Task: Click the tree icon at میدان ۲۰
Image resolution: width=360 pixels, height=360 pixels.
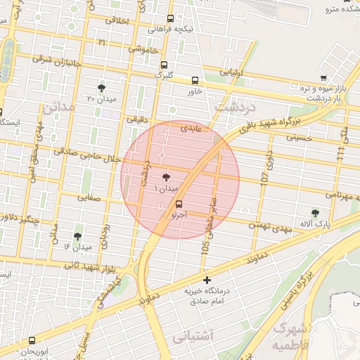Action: (102, 88)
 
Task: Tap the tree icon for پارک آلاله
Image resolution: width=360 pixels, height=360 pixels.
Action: (315, 213)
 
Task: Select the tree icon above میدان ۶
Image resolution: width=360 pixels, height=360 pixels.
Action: (77, 236)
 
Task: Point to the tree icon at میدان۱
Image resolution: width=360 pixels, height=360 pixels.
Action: (166, 179)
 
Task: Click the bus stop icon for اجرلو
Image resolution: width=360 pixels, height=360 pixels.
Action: (178, 205)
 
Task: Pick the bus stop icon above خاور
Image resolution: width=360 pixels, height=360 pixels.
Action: (195, 80)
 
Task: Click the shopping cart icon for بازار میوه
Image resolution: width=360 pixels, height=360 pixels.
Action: (323, 78)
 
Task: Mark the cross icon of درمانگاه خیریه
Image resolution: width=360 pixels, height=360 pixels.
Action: (206, 281)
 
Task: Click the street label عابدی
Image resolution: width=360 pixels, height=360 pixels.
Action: (191, 129)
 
